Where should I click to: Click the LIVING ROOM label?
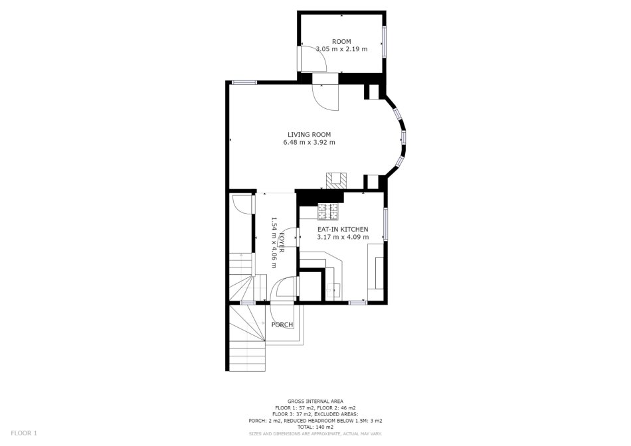[x=309, y=135]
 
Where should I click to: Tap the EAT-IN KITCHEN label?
[x=343, y=229]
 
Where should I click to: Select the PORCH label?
[x=282, y=325]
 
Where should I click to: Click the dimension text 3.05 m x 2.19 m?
[x=341, y=49]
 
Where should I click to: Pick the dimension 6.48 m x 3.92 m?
[x=309, y=143]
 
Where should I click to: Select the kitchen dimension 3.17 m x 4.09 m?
[x=343, y=237]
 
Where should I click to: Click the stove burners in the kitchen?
[x=328, y=212]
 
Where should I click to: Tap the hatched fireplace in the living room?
[x=336, y=181]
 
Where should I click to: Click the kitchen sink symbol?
[x=333, y=290]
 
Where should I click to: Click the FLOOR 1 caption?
[x=24, y=433]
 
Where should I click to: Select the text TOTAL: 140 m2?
[x=315, y=427]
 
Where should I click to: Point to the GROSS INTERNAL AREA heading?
[x=315, y=401]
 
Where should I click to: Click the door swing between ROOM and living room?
[x=325, y=97]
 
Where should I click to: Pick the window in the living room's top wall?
[x=244, y=82]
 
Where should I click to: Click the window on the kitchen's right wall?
[x=385, y=224]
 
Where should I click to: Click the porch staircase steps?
[x=247, y=338]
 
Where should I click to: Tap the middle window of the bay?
[x=403, y=137]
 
